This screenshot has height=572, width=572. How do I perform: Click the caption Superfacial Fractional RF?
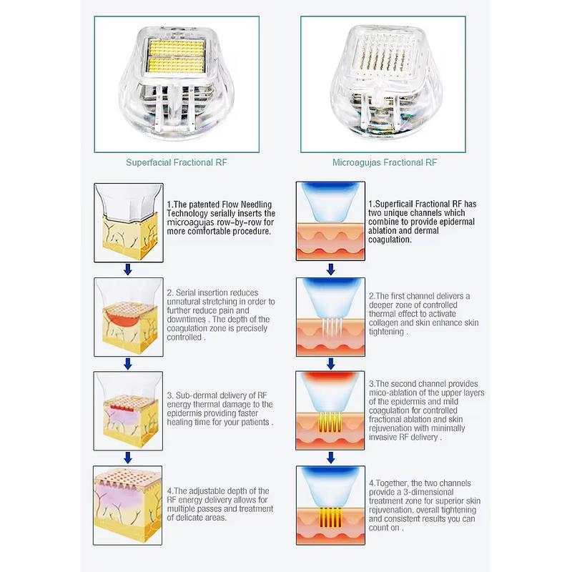click(x=176, y=162)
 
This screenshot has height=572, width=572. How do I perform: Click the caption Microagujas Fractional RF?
click(x=385, y=162)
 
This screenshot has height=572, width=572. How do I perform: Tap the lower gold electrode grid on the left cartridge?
click(x=177, y=64)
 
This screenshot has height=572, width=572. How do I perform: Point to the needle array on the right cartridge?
click(x=381, y=56)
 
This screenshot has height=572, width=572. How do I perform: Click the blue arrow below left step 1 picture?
click(x=128, y=270)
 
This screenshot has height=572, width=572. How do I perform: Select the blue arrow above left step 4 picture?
click(x=128, y=458)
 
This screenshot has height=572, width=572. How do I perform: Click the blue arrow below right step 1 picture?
click(x=330, y=270)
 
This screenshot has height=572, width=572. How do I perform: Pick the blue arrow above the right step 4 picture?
click(x=330, y=458)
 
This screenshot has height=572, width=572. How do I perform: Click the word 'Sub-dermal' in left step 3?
click(x=192, y=395)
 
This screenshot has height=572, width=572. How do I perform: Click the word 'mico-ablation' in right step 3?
click(x=393, y=393)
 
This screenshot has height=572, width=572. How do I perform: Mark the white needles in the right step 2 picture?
click(x=332, y=327)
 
